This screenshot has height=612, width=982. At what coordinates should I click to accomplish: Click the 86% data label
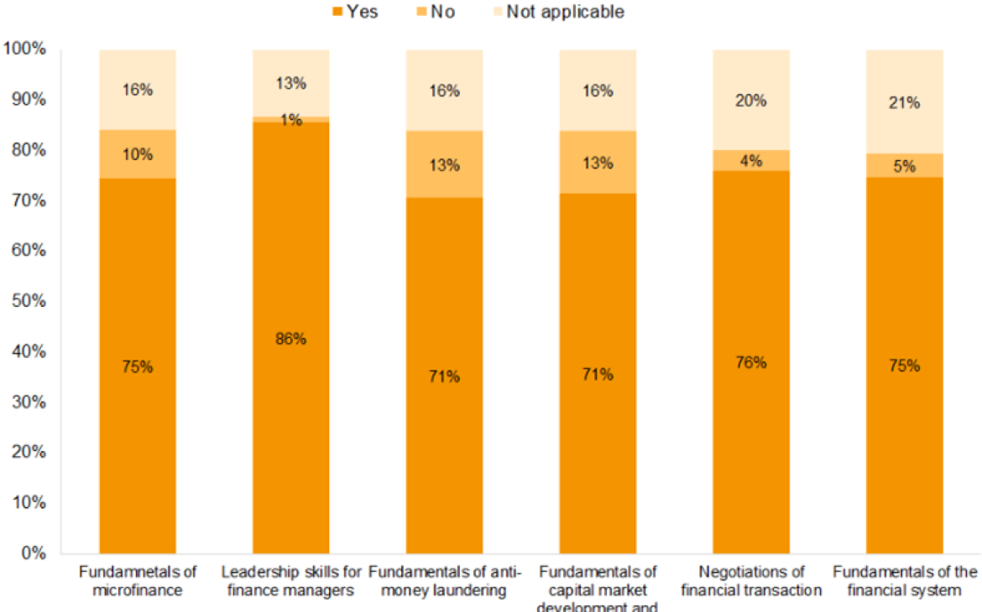coord(290,340)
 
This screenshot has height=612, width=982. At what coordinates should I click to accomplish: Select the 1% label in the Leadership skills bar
coord(290,120)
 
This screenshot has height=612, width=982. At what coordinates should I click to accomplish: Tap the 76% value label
coord(750,362)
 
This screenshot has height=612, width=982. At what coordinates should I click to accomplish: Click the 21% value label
coord(904,103)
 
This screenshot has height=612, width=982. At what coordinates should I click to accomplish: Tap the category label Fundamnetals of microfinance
coord(137,581)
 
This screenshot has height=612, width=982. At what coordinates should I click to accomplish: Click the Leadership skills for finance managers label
coord(291,581)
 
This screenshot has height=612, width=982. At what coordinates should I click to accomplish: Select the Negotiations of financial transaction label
coord(750,581)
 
